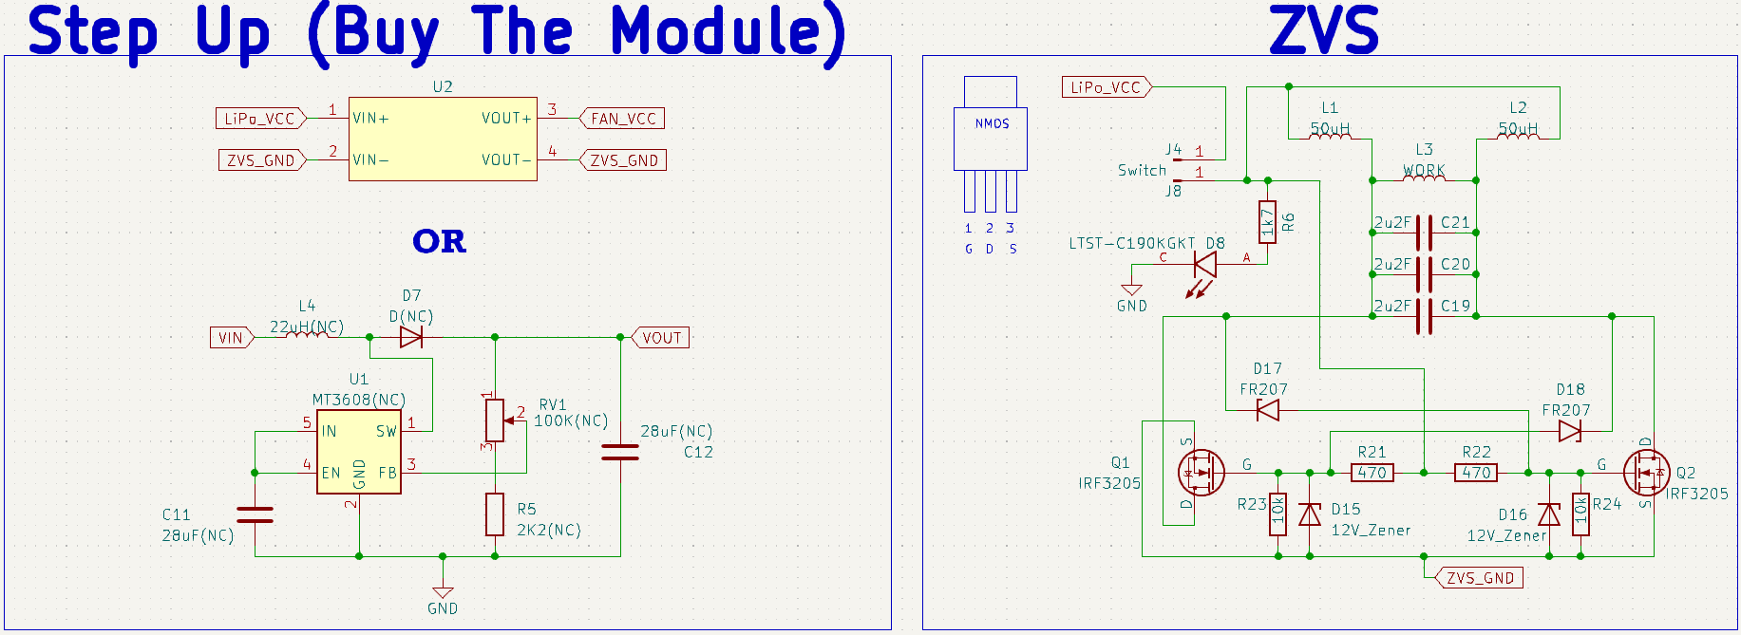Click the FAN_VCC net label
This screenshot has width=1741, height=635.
click(x=622, y=119)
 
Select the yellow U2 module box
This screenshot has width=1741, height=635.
click(x=443, y=139)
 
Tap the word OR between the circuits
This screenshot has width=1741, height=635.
click(x=440, y=241)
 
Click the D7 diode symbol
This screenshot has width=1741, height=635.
click(x=411, y=337)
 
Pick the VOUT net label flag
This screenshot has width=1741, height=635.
click(x=661, y=338)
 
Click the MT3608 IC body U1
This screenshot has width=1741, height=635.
click(x=358, y=452)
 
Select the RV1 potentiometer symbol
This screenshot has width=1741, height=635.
click(x=495, y=420)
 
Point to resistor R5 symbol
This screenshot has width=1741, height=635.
click(x=495, y=514)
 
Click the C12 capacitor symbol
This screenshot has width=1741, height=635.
click(x=620, y=452)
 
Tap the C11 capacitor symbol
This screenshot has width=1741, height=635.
click(x=255, y=514)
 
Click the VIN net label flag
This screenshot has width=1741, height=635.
click(x=231, y=338)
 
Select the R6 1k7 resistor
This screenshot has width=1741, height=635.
click(x=1267, y=222)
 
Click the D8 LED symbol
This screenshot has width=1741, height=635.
click(x=1204, y=264)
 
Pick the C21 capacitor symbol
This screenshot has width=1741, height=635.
click(x=1424, y=233)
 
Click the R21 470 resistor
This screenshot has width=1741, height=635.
click(x=1372, y=472)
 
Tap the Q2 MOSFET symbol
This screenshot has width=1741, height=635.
click(x=1646, y=473)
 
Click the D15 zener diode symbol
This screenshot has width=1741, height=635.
click(x=1310, y=514)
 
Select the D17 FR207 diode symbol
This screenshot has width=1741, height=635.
click(x=1268, y=410)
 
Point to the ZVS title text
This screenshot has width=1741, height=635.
click(x=1323, y=30)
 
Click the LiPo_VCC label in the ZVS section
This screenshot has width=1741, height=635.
click(x=1106, y=87)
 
